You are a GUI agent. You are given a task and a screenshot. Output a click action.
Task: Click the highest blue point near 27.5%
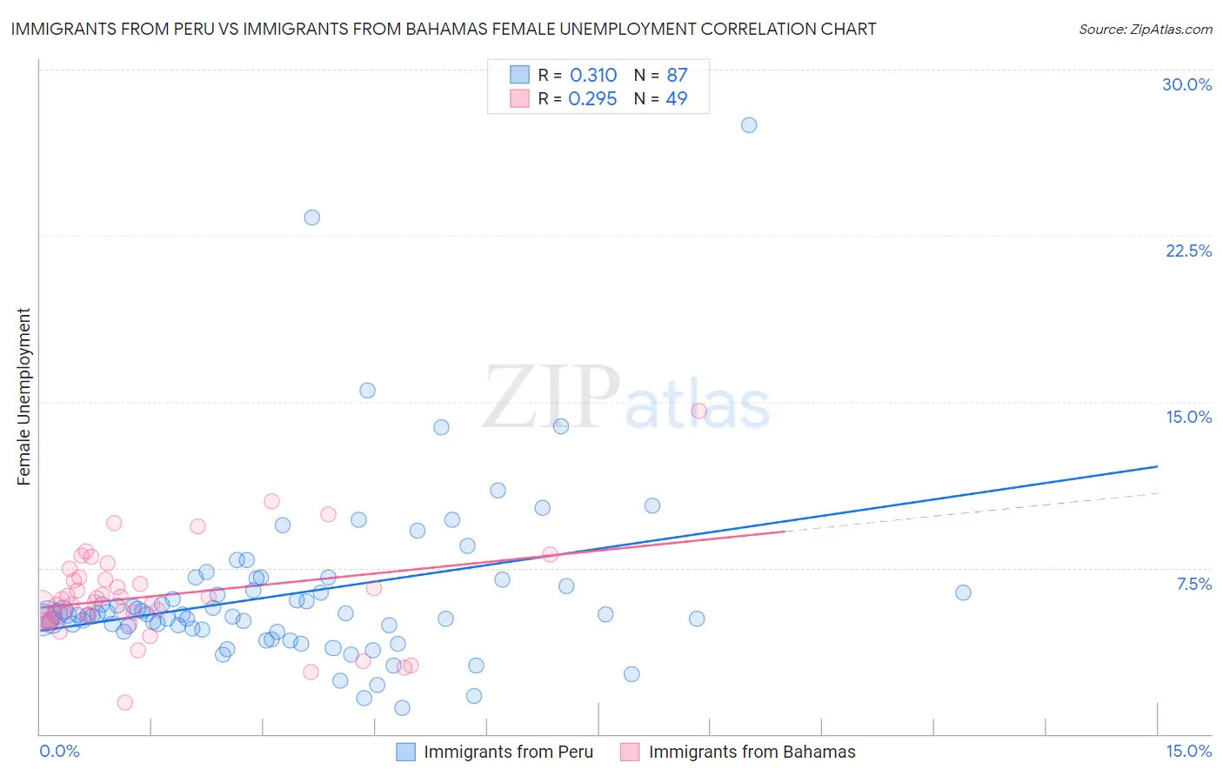point(749,125)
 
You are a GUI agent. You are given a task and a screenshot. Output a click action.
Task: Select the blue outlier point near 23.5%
point(311,217)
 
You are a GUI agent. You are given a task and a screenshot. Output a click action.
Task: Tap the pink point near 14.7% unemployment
point(698,411)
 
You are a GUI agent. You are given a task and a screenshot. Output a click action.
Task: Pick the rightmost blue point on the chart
point(963,592)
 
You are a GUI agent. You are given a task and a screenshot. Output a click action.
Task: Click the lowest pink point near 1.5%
point(124,702)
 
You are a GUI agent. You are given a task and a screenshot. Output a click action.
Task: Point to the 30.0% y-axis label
point(1186,84)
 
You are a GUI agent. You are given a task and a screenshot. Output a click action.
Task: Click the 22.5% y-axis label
point(1188,251)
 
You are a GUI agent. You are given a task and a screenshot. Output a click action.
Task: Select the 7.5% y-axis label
point(1193,584)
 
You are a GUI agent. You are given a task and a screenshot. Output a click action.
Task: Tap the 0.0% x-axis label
point(59,751)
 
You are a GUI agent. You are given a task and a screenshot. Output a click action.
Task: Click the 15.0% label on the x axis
point(1188,751)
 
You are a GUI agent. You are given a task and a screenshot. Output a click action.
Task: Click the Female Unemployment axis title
point(23,396)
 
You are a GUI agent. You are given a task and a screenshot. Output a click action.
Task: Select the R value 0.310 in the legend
point(593,76)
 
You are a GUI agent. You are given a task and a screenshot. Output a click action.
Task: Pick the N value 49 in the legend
point(676,98)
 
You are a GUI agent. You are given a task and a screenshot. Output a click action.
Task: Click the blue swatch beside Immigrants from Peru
point(405,752)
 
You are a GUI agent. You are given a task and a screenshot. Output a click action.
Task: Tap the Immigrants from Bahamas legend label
point(752,752)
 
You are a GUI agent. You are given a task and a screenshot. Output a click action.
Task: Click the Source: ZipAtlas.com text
point(1145,29)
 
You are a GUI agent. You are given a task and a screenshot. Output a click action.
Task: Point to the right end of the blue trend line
point(1157,466)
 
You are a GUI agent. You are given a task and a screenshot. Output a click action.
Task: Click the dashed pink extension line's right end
point(1157,493)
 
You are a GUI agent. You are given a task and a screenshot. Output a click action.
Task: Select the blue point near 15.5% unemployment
point(367,391)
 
